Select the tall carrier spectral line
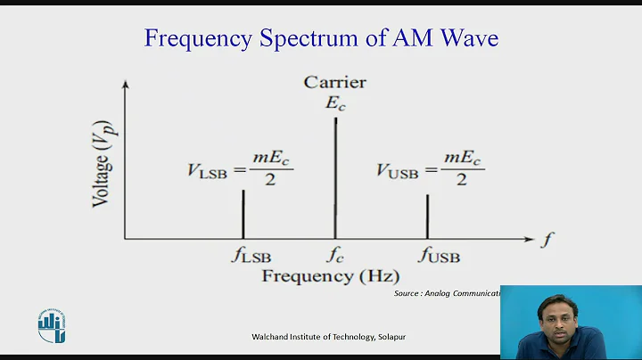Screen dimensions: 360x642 click(335, 177)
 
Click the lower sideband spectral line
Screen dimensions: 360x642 click(243, 214)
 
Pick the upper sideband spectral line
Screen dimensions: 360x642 click(427, 217)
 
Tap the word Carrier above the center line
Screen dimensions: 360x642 click(334, 83)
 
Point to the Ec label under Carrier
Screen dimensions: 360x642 click(334, 102)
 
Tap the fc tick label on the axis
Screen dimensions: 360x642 click(335, 256)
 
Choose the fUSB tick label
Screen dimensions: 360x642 click(434, 256)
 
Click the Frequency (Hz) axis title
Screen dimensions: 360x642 click(331, 276)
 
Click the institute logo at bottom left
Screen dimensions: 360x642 click(51, 325)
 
